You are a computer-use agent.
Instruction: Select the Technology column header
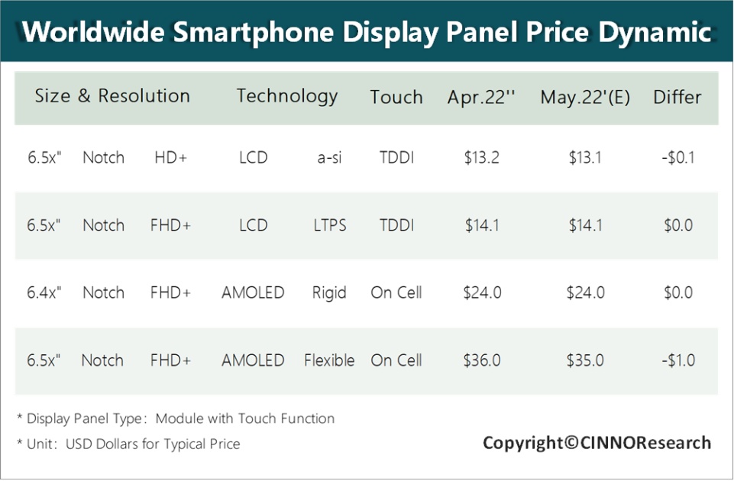coord(286,96)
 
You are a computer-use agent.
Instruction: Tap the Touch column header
coord(396,98)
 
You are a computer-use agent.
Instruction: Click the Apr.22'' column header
coord(481,98)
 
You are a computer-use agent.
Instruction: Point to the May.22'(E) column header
coord(585,98)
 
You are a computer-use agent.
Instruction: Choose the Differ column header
coord(677,98)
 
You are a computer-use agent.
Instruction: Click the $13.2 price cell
coord(481,158)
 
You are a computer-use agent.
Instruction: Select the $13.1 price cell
coord(585,158)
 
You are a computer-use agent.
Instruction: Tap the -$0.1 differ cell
coord(677,158)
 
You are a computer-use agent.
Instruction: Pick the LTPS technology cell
coord(329,225)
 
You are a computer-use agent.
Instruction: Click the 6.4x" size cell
coord(44,292)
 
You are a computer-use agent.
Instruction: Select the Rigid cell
coord(329,292)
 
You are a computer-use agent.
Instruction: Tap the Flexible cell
coord(329,360)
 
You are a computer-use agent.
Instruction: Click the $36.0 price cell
coord(481,360)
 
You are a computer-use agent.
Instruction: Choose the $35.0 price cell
coord(585,360)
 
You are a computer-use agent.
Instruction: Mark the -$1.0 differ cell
coord(677,360)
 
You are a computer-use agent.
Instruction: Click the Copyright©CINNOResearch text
coord(597,443)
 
